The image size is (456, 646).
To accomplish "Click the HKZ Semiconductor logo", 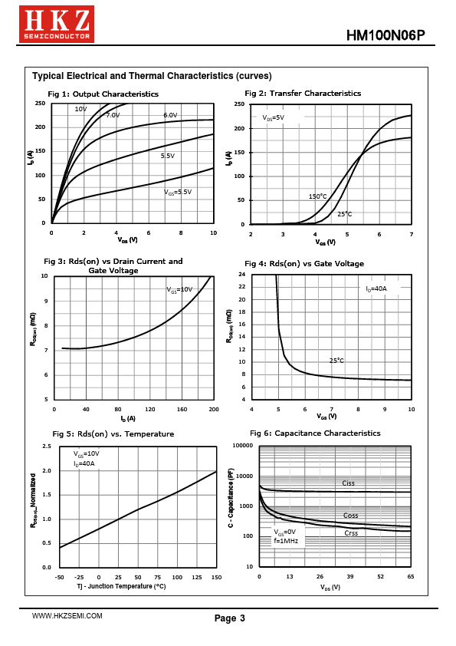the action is pos(57,24).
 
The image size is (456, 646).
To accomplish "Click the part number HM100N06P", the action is pos(385,35).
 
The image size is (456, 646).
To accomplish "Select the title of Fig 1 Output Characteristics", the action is pos(103,94).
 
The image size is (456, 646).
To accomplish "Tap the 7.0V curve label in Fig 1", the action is pos(113,115).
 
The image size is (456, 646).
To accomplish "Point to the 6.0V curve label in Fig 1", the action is pos(170,115).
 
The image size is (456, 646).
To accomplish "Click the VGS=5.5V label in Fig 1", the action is pos(178,192).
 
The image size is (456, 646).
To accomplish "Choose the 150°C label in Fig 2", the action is pos(318,196).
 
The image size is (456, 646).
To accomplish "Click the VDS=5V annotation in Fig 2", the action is pos(274,117).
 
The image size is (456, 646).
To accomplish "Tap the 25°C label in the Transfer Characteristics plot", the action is pos(344,214).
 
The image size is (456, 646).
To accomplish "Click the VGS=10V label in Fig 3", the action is pos(179,290).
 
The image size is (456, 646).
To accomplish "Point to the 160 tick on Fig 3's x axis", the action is pos(182,409).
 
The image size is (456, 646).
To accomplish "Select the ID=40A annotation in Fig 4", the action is pos(376,288).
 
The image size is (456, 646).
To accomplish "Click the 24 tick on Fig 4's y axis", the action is pos(242,275).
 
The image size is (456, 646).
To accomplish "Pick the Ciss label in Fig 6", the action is pos(348,483).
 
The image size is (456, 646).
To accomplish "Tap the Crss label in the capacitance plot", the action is pos(351,532).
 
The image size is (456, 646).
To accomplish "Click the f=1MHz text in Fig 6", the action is pos(286,541).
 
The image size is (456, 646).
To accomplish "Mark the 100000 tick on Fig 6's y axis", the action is pos(243,445).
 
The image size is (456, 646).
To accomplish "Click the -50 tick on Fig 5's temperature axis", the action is pos(59,577).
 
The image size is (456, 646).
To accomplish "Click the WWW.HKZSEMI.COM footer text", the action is pos(67,616).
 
